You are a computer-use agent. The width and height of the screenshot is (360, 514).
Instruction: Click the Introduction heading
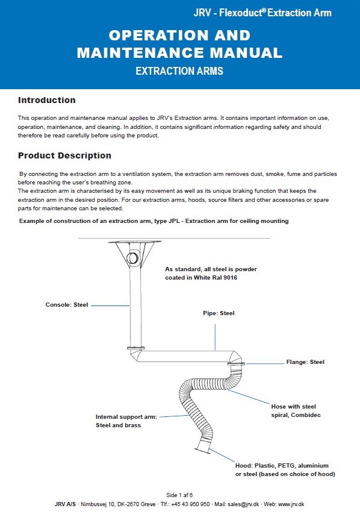pos(46,100)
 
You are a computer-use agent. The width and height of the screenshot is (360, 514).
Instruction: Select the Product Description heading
pos(64,155)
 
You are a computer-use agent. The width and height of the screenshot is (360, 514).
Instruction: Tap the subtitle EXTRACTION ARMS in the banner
pos(179,71)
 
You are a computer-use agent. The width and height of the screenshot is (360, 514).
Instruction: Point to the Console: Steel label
pos(67,305)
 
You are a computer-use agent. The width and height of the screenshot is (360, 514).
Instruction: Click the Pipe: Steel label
pos(219,313)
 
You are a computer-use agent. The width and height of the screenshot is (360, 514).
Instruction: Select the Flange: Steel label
pos(305,362)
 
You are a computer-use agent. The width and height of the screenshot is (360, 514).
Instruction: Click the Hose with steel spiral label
pos(296,411)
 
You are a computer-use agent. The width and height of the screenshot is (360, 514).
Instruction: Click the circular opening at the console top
pos(132,258)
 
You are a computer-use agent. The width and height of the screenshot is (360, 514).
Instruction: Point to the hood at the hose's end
pos(203,447)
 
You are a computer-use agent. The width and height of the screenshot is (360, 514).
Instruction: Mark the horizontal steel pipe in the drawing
pos(185,356)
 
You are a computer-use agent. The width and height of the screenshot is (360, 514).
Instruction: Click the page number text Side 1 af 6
pos(179,495)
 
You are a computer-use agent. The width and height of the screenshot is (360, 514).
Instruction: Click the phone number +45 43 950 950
pos(190,504)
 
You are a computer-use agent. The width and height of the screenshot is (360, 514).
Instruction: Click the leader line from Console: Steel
pos(110,306)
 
